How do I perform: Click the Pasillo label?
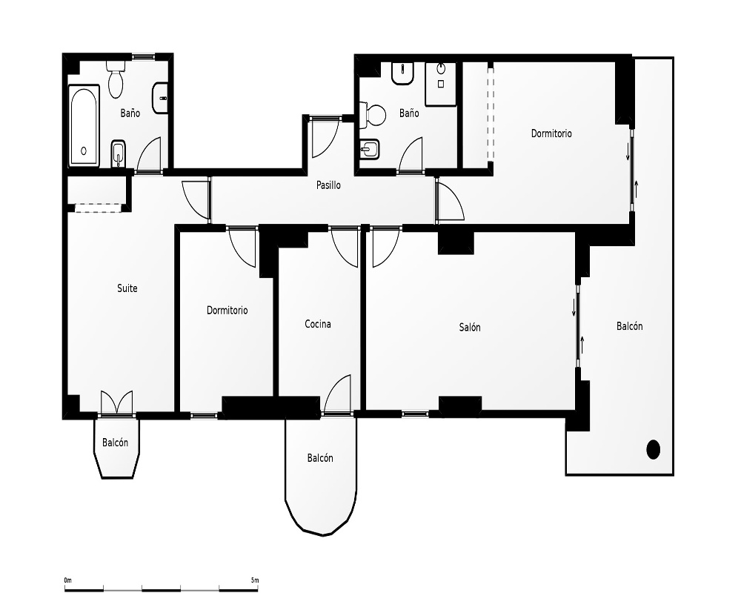tap(328, 185)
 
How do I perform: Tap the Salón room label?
tap(470, 327)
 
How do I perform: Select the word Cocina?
tap(318, 324)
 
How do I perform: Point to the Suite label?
tap(127, 288)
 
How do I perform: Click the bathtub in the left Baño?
tap(84, 125)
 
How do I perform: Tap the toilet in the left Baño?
tap(116, 79)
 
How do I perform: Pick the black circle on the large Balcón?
tap(653, 449)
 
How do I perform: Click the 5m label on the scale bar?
tap(255, 580)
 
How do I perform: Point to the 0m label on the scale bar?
tap(67, 580)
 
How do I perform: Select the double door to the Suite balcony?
tap(116, 402)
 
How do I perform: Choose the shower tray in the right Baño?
tap(440, 84)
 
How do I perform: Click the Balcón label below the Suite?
tap(116, 443)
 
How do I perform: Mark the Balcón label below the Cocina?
tap(320, 458)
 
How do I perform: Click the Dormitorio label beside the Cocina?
tap(227, 311)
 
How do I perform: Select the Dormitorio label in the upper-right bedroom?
tap(551, 133)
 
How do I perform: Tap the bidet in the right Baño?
tap(370, 150)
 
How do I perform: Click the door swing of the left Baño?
tap(149, 155)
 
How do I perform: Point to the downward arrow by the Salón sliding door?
tap(574, 308)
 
